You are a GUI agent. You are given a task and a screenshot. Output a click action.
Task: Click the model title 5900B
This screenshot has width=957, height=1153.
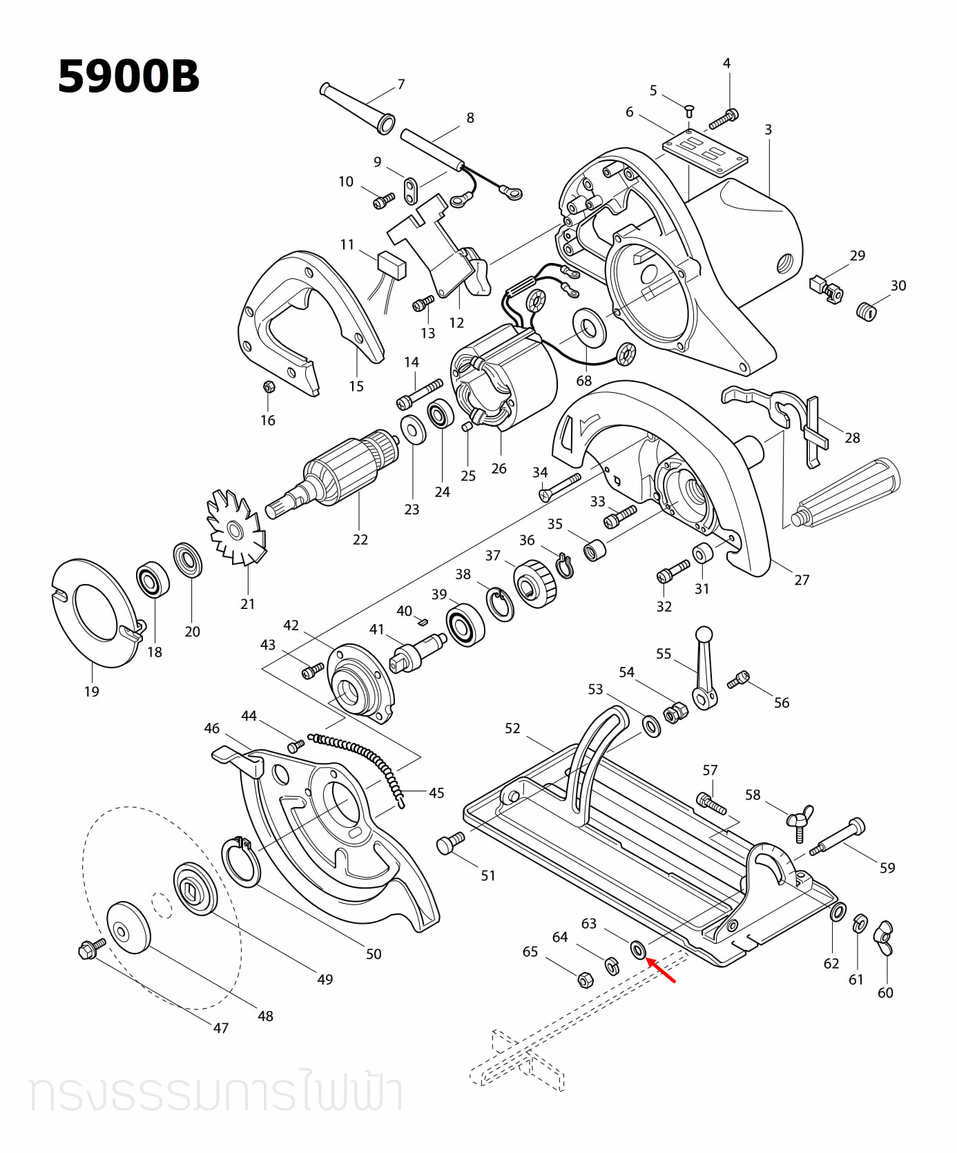tap(128, 77)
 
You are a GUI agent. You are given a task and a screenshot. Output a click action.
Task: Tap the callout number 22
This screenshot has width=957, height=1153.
tap(360, 539)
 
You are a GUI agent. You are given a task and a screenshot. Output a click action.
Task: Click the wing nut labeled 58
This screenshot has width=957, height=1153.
tap(800, 819)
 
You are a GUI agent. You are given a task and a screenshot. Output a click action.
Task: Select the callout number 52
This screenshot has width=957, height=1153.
tap(512, 728)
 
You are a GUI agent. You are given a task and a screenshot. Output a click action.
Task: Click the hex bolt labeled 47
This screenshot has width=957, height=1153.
tap(91, 951)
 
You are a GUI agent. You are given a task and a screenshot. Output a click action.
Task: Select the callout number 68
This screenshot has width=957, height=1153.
tap(584, 380)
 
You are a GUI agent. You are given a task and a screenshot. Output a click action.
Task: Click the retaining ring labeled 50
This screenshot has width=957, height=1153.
tap(241, 861)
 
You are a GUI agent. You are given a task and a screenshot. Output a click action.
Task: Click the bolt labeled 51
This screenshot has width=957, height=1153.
tap(450, 844)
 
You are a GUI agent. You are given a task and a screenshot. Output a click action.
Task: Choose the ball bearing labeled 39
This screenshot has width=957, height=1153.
tap(465, 624)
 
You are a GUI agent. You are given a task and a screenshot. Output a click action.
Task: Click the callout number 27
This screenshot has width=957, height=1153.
tap(801, 580)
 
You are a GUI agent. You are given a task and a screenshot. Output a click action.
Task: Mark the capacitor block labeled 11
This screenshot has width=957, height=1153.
tap(391, 264)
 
